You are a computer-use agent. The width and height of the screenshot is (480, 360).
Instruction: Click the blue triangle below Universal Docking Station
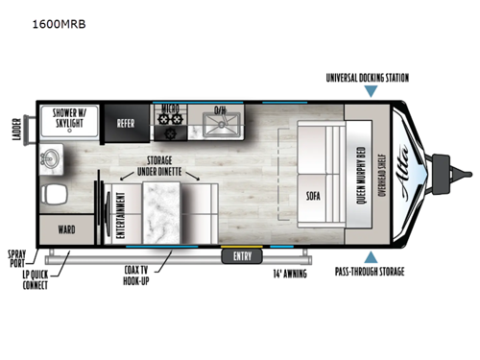pos(371,92)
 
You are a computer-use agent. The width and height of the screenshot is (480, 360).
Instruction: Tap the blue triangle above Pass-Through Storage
pos(371,256)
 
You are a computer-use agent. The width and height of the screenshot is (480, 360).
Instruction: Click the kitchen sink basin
pos(224,123)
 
